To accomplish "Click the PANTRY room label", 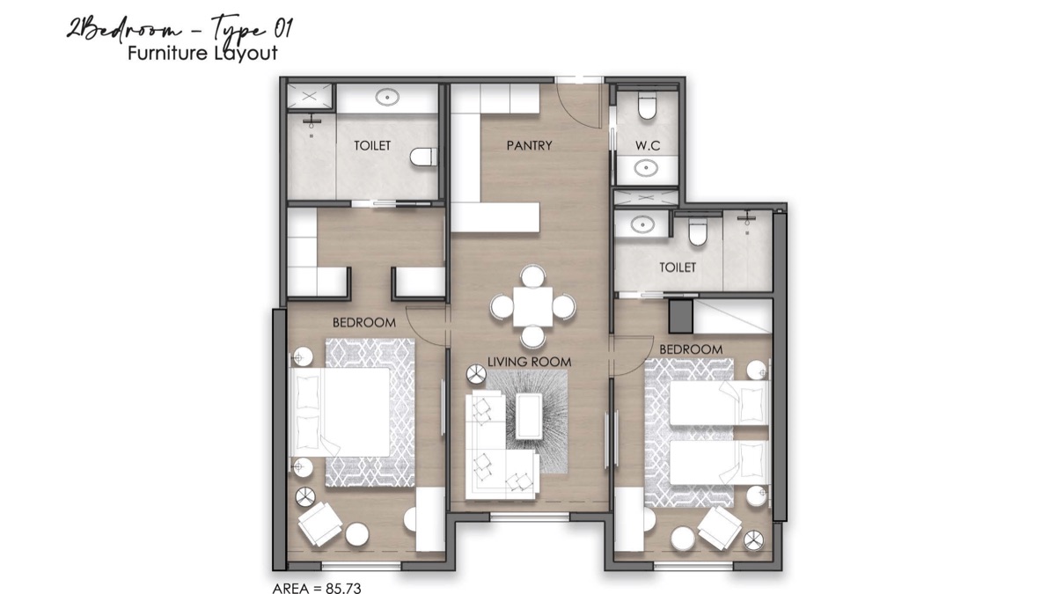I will click(x=529, y=145).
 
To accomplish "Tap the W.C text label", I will click(x=648, y=145).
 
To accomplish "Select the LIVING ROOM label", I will click(x=531, y=362).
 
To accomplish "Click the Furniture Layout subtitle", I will click(x=202, y=53).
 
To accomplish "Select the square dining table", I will click(x=532, y=306).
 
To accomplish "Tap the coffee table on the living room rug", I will click(x=530, y=414).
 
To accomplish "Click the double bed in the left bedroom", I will click(x=341, y=411).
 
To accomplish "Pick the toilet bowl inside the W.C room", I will click(x=648, y=107).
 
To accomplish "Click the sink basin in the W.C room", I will click(x=648, y=166).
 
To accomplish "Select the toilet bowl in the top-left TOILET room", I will click(x=422, y=157).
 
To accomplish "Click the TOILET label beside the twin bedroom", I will click(x=677, y=267).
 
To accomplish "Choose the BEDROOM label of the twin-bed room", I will click(x=691, y=349).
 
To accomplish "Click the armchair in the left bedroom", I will click(x=319, y=525).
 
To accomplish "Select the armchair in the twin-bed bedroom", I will click(x=718, y=528).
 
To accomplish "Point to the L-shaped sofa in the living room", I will click(x=493, y=449).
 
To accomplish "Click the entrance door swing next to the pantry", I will click(x=581, y=101).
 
